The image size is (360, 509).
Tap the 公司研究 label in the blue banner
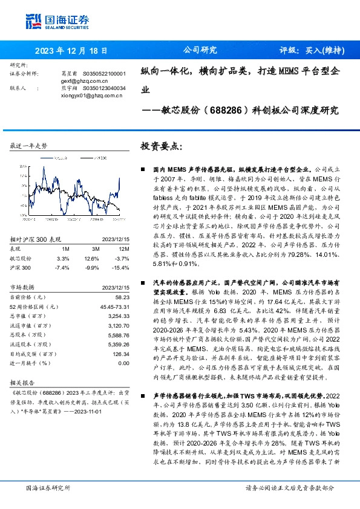200,51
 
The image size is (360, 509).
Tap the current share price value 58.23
123,297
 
